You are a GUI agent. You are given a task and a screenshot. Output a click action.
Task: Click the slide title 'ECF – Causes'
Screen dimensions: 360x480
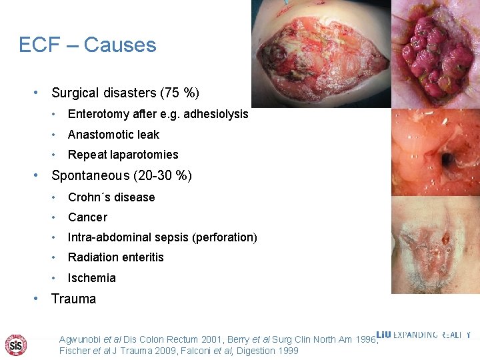coord(87,45)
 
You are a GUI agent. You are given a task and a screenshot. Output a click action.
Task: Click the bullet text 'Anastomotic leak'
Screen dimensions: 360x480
coord(113,135)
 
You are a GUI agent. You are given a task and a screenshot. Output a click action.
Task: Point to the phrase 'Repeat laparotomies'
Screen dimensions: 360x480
coord(123,155)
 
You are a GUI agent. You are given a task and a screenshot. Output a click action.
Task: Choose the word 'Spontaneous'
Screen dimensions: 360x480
coord(91,176)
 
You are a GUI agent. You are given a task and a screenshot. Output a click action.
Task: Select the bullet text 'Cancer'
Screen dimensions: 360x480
coord(87,217)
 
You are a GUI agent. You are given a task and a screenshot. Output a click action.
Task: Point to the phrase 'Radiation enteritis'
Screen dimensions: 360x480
coord(115,257)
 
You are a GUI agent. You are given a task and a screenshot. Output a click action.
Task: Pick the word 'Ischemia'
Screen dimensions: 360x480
coord(91,278)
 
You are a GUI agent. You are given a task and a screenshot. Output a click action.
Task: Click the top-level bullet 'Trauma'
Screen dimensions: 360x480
coord(73,299)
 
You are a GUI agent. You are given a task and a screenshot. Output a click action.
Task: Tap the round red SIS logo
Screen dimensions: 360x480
coord(16,344)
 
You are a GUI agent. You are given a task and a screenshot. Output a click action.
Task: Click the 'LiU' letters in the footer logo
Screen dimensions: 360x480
coord(384,335)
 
